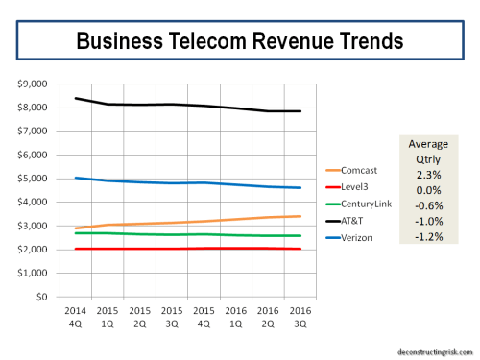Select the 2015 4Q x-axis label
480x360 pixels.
tap(202, 318)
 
